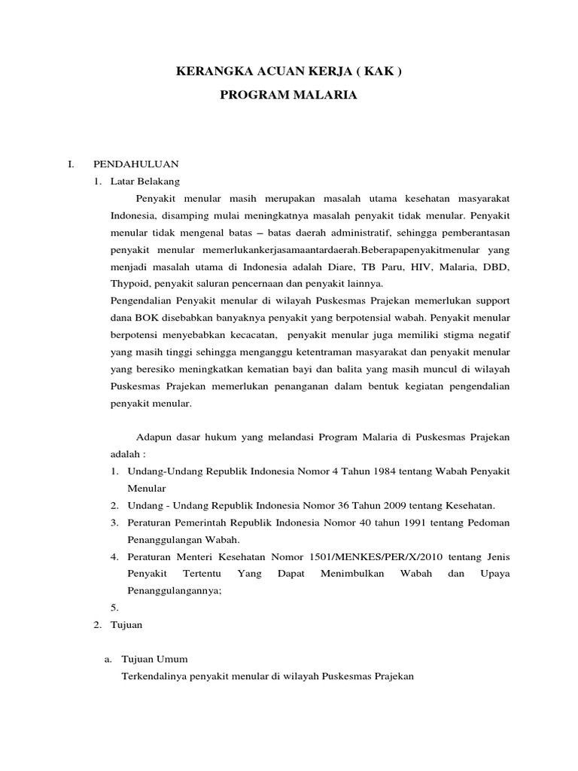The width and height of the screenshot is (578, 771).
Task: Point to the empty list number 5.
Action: click(x=114, y=607)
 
